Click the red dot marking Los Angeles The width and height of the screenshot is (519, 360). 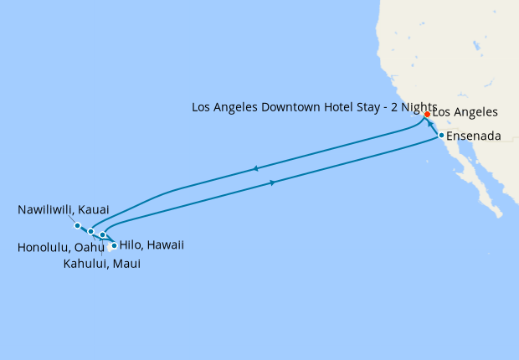(427, 114)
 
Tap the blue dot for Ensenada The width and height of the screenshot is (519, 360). (441, 136)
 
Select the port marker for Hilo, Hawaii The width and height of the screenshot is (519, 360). (114, 246)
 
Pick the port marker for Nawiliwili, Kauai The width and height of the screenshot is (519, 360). (77, 225)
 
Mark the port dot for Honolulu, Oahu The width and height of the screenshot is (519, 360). (90, 231)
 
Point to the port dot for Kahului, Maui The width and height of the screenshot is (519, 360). (103, 235)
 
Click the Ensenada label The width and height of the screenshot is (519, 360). (475, 136)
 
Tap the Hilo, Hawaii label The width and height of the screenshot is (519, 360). (152, 245)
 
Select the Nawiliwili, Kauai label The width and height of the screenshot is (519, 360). (64, 208)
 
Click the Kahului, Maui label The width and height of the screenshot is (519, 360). (102, 264)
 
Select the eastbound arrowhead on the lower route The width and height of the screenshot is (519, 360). (274, 182)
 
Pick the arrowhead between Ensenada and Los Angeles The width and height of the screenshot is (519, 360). (431, 125)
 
